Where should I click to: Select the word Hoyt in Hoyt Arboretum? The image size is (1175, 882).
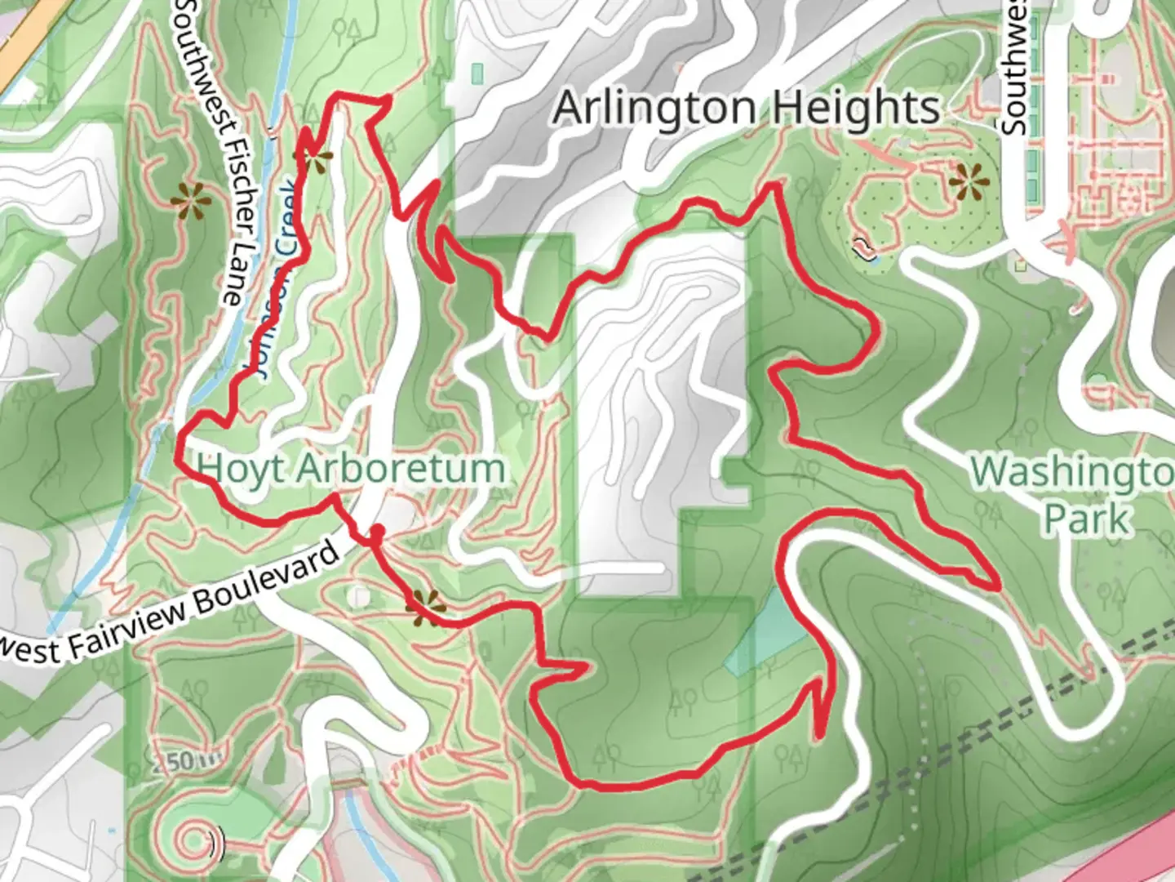(x=242, y=469)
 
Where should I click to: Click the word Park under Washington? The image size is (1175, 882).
(x=1088, y=518)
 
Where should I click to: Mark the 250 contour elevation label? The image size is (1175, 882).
(x=172, y=762)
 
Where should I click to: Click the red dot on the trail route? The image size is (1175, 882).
(x=377, y=533)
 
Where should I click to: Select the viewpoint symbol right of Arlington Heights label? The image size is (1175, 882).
(x=970, y=182)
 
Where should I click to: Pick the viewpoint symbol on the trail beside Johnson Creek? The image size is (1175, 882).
(x=316, y=156)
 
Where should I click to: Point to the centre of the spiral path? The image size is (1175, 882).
(x=194, y=839)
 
